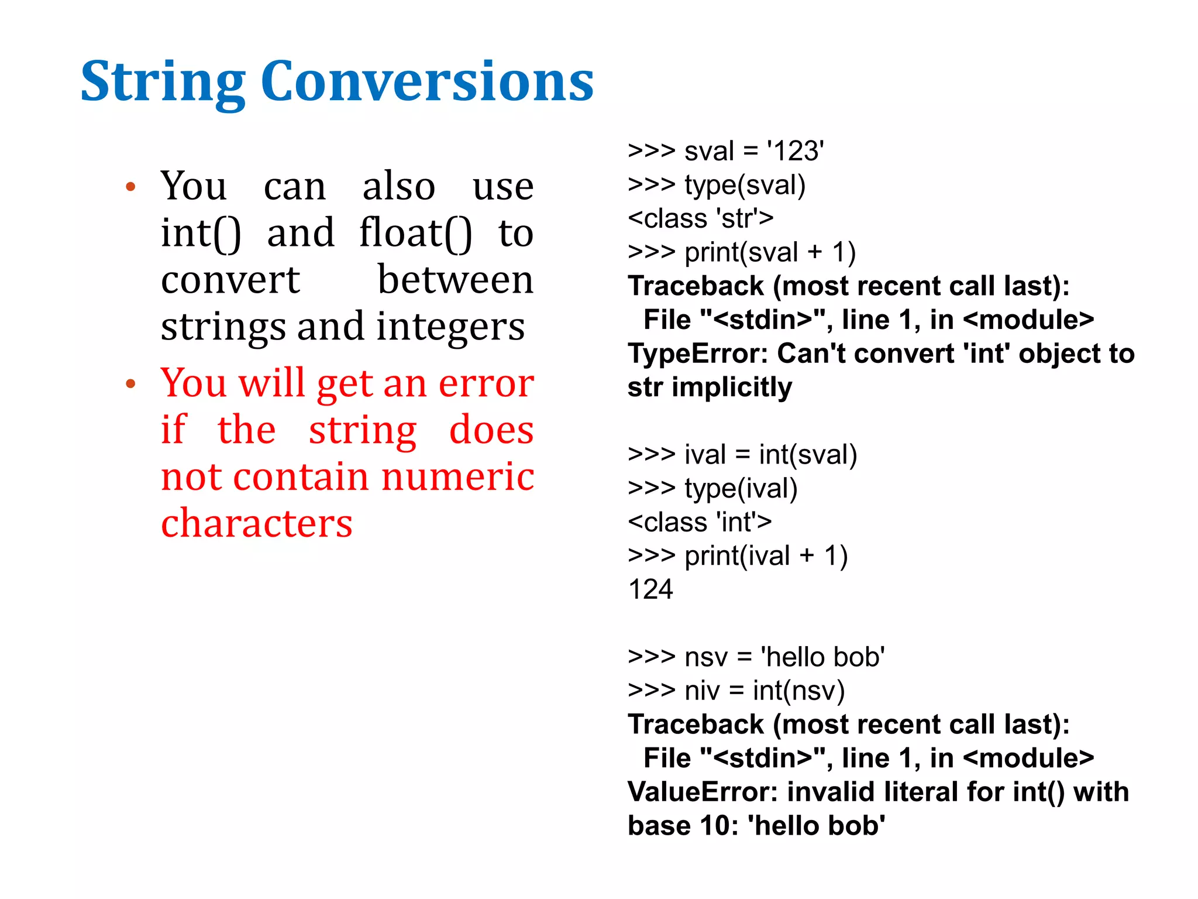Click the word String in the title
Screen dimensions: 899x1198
tap(163, 82)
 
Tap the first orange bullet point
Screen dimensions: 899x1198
tap(131, 187)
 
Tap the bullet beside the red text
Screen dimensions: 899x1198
tap(131, 385)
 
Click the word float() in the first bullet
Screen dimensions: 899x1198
tap(415, 233)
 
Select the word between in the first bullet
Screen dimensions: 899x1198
tap(455, 280)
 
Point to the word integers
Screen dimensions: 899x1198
tap(450, 327)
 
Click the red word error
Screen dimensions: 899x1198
tap(486, 383)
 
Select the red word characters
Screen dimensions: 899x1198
tap(256, 523)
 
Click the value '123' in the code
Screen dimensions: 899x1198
tap(796, 151)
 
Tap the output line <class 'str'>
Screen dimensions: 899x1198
tap(700, 218)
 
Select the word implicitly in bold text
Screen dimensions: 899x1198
tap(732, 387)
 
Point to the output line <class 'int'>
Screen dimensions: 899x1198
tap(699, 522)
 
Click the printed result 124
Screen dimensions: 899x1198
tap(650, 589)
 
